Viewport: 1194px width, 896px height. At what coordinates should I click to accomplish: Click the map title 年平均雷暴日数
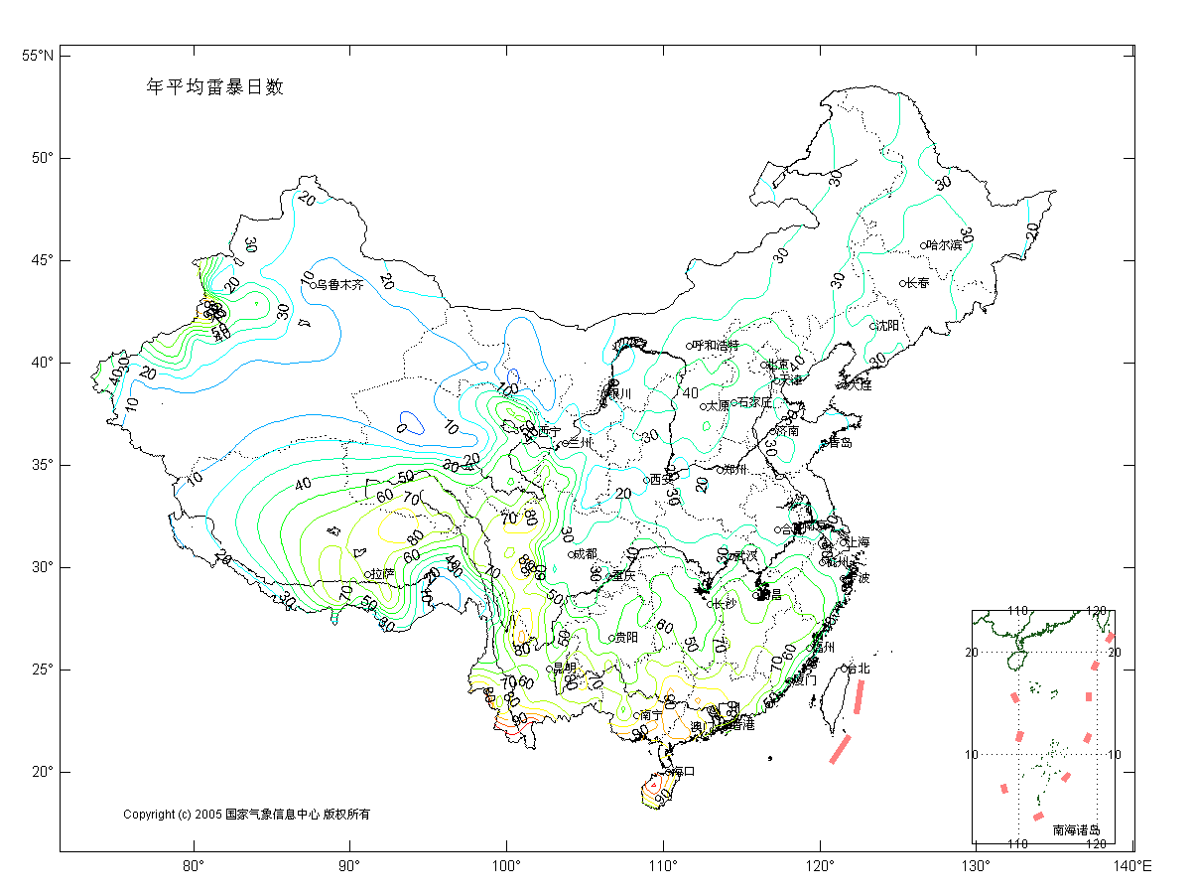215,86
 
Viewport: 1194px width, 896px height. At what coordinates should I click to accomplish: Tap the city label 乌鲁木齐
340,285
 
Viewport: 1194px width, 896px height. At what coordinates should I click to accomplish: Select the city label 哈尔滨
944,244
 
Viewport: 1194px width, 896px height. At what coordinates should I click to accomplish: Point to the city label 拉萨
382,574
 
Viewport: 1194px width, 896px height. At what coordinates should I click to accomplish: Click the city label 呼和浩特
716,346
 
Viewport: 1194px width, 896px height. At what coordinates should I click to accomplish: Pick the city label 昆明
565,668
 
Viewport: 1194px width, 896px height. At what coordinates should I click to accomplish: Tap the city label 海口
683,771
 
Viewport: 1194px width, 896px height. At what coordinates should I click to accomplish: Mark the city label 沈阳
887,326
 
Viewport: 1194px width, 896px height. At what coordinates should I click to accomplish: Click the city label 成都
586,553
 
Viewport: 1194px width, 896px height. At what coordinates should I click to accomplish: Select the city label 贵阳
626,638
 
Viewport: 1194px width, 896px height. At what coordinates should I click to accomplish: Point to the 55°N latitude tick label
38,56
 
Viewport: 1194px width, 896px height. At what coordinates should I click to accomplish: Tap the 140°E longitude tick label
1132,867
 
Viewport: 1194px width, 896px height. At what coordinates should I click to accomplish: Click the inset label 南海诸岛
1076,829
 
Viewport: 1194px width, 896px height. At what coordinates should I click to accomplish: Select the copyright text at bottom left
246,815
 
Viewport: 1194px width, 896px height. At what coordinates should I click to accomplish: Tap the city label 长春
918,283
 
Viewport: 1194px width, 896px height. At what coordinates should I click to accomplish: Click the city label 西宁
548,431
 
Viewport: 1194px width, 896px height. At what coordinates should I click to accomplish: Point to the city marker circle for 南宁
636,715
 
